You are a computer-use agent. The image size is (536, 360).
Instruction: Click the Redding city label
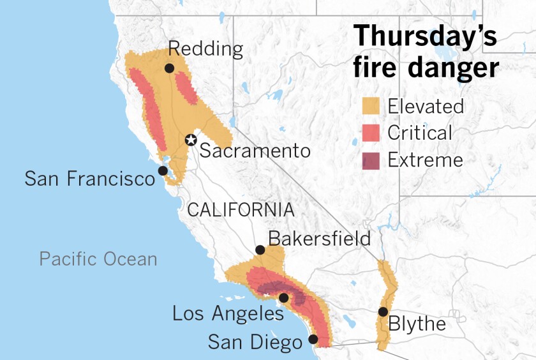(x=205, y=49)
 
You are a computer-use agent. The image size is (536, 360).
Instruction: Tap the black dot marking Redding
(x=169, y=68)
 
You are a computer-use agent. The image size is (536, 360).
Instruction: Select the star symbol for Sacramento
(x=190, y=140)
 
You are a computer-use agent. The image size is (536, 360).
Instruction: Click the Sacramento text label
(x=255, y=151)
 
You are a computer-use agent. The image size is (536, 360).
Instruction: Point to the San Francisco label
(x=89, y=178)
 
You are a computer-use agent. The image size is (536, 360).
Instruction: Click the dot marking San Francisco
(x=163, y=171)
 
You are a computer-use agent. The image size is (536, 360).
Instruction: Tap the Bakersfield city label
(x=319, y=239)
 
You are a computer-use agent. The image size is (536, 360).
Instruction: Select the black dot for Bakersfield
(x=260, y=250)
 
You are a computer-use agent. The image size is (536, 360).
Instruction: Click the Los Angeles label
(x=228, y=313)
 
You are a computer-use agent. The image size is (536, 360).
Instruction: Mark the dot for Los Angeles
(x=284, y=297)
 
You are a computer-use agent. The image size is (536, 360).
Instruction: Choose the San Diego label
(x=255, y=343)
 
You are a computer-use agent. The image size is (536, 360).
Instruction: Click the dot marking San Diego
(x=313, y=340)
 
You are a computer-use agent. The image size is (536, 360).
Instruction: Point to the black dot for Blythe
(x=382, y=311)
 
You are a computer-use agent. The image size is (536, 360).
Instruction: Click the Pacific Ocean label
(x=98, y=259)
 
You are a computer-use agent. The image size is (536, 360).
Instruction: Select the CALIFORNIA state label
(x=241, y=210)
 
